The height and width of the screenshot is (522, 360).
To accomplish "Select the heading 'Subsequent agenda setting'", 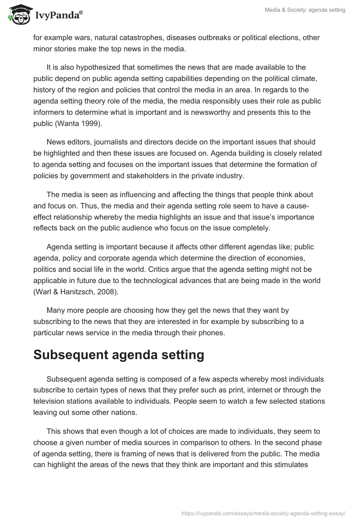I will (119, 355).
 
